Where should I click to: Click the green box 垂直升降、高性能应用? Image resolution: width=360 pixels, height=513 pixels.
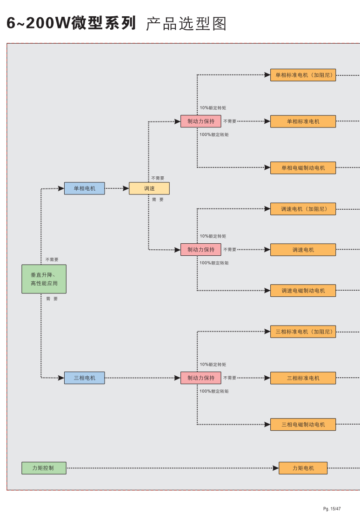coord(44,279)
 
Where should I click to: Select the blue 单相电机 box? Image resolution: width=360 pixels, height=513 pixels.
coord(84,188)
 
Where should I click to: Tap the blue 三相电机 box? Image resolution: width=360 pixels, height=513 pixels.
coord(84,378)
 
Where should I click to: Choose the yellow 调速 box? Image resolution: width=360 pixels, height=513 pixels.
coord(149,188)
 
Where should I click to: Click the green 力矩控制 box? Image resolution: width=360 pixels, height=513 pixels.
coord(44,468)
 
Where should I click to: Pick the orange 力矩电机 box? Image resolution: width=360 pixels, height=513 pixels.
coord(303,468)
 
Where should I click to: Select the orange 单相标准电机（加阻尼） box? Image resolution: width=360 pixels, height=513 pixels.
coord(303,75)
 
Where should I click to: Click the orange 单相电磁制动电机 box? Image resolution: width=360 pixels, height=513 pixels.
coord(303,168)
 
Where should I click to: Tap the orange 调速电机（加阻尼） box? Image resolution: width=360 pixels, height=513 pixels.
coord(303,209)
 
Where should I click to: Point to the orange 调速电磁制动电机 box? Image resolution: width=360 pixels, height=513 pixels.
coord(303,291)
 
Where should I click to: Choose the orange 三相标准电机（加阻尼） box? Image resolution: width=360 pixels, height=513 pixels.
coord(303,332)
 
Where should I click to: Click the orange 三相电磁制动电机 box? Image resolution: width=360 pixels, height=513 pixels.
coord(303,424)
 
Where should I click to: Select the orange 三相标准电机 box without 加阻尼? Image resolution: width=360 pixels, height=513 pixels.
coord(303,378)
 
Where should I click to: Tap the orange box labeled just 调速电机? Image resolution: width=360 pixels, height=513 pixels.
coord(303,250)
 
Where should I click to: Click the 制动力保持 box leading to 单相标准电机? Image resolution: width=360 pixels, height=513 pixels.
coord(201,121)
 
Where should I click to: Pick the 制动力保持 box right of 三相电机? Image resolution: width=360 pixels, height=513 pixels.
coord(201,378)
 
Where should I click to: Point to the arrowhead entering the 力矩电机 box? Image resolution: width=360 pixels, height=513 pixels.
coord(276,468)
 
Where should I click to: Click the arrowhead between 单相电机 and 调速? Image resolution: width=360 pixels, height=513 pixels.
coord(126,188)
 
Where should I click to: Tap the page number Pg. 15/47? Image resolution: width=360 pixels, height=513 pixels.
coord(332,508)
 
